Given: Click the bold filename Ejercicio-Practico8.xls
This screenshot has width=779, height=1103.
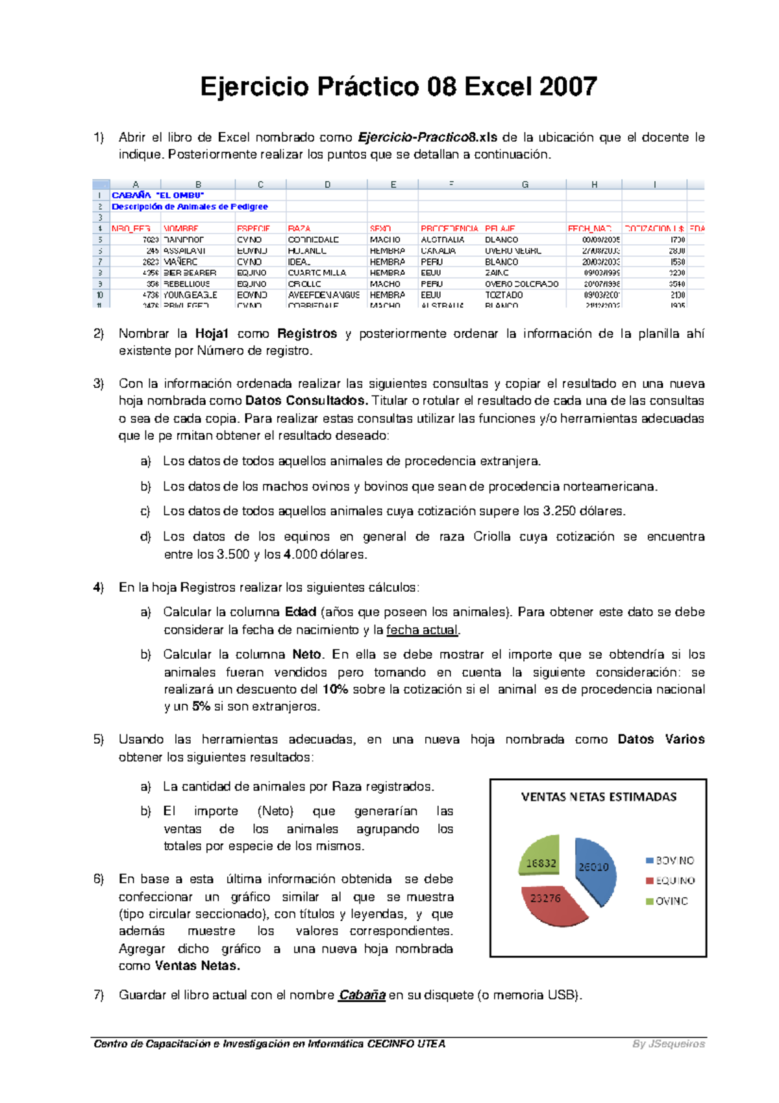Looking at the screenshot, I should [x=427, y=137].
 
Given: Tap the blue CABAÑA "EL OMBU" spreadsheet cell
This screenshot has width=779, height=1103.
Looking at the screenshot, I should [x=158, y=195].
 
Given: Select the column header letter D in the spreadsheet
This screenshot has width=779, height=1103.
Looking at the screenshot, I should [x=327, y=184].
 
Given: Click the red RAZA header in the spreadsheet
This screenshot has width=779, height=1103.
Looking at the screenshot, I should [x=299, y=229].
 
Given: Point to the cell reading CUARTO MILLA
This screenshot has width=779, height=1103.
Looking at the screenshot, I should [x=317, y=273].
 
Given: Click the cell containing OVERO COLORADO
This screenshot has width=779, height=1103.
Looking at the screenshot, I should [x=521, y=284].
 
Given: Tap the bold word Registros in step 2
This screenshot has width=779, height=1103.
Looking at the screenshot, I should [x=306, y=334].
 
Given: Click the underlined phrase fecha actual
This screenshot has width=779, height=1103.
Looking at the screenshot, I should [x=422, y=630].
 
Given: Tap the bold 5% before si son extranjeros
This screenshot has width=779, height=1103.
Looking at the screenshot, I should [x=201, y=707].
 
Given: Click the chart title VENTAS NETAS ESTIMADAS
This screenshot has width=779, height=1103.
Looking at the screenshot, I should [x=599, y=797].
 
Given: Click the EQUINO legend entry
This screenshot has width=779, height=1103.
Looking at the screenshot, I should [x=674, y=881].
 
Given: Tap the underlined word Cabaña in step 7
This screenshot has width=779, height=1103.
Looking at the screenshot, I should [x=362, y=995].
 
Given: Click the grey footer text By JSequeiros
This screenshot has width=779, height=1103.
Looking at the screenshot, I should [x=669, y=1044].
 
